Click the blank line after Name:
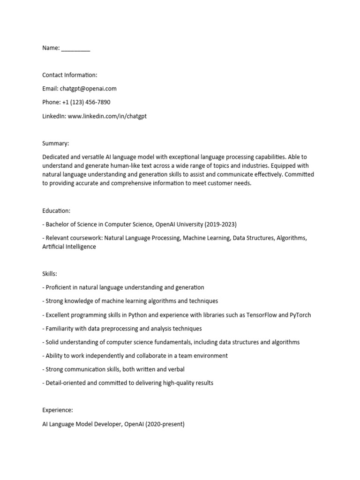coord(75,49)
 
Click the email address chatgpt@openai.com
coord(88,89)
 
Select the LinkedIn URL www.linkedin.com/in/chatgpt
coord(107,116)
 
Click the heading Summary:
coord(55,143)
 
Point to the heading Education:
coord(56,211)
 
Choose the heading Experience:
coord(58,410)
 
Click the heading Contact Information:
coord(70,75)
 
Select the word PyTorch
coord(300,315)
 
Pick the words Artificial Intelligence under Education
coord(69,247)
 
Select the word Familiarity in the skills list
coord(61,329)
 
